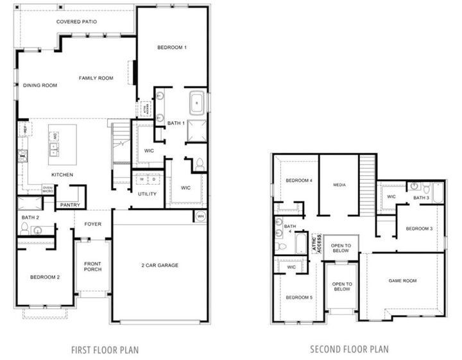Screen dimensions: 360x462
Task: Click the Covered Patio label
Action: (x=76, y=21)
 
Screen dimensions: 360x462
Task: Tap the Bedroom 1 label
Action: (x=172, y=47)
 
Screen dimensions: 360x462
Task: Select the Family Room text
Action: (x=96, y=78)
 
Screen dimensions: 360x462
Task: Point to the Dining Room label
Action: (x=40, y=85)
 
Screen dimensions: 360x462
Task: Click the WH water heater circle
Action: (x=200, y=216)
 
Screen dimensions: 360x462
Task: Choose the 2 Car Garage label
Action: (x=160, y=265)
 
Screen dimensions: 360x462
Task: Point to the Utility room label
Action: (x=147, y=193)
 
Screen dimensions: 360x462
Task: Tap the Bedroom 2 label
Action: (x=44, y=277)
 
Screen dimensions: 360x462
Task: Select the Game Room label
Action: (x=402, y=280)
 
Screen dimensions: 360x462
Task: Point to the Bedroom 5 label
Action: (x=298, y=297)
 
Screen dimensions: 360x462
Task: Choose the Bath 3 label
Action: (x=421, y=198)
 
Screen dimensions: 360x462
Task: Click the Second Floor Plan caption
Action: (x=348, y=350)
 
